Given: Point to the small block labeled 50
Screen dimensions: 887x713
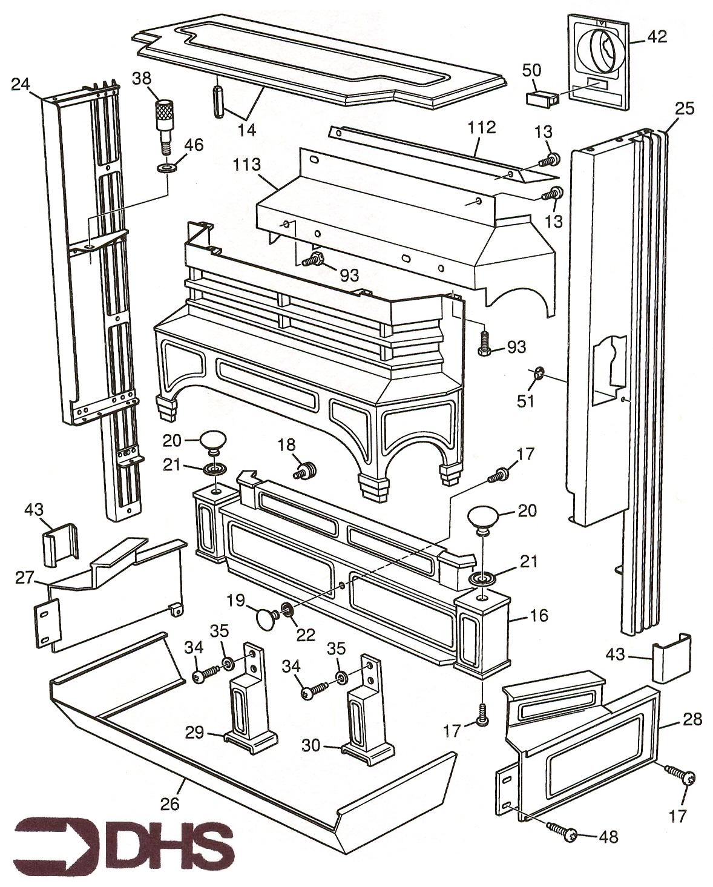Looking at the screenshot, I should (x=541, y=96).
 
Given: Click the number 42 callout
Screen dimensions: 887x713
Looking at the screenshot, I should (x=657, y=37).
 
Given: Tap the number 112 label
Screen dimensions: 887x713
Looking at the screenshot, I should (x=481, y=128).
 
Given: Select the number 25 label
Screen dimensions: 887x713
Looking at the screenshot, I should (x=685, y=110).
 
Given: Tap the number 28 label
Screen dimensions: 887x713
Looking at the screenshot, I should (x=692, y=719).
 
